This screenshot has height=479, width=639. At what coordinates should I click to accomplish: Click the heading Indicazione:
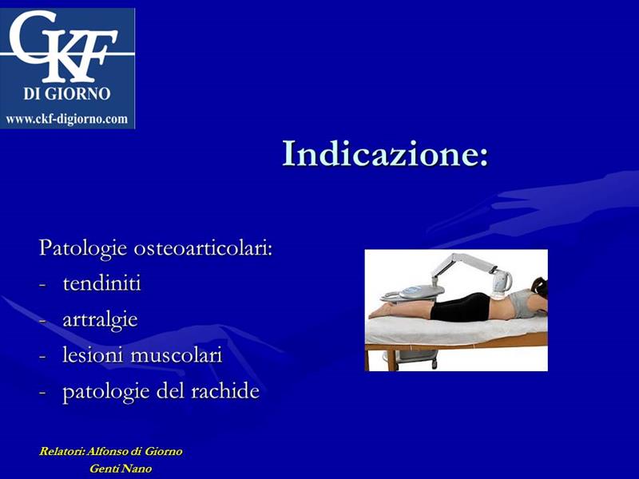pos(385,153)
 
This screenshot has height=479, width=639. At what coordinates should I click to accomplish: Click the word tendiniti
pos(102,283)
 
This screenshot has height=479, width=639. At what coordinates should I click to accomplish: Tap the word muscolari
pos(177,354)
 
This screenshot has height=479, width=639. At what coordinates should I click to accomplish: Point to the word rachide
pos(225,391)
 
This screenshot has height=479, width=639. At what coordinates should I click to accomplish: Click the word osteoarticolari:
pos(203,248)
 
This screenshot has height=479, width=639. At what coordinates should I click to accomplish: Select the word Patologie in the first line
pos(83,248)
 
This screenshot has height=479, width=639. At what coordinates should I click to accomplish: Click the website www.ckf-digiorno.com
pos(67,119)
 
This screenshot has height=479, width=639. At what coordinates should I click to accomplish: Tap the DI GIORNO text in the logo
pos(67,93)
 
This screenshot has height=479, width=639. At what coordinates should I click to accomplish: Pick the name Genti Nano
pos(121,469)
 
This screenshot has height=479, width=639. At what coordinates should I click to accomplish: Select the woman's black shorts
pos(461,307)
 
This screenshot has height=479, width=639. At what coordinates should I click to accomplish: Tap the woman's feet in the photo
pos(380,311)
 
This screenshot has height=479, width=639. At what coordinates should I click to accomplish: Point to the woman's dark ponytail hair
pos(540,287)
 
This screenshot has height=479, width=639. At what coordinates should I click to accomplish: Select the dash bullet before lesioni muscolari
pos(42,356)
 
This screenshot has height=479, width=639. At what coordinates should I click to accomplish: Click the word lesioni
pos(93,354)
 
